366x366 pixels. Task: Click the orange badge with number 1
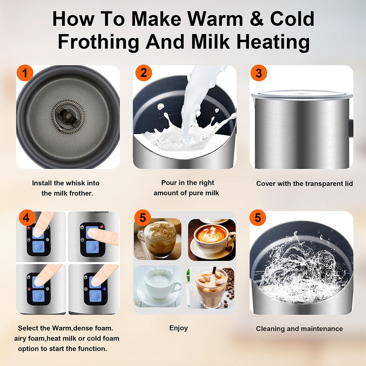coord(25,74)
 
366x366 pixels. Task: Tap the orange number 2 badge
coord(143,74)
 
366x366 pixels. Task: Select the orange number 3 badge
coord(259,74)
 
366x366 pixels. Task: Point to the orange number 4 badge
coord(26,219)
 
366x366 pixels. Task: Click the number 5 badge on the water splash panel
coord(258,219)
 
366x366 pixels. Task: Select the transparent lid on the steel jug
coord(302,95)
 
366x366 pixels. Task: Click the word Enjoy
coord(179,328)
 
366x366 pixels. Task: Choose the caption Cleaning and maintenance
coord(299,329)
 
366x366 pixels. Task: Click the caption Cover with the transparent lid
coord(305,184)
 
